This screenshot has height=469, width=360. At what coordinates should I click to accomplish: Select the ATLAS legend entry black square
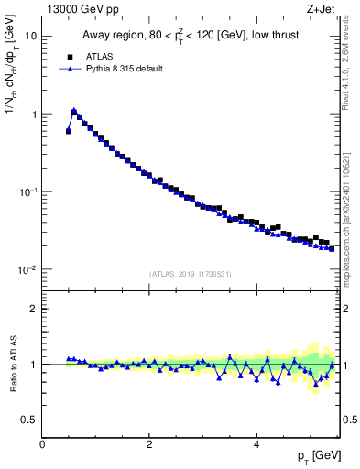[69, 56]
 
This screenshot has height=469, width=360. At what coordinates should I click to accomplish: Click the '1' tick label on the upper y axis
[35, 115]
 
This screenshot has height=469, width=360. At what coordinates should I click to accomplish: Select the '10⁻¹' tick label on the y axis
[29, 192]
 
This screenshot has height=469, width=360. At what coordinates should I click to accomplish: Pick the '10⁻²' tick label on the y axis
[29, 270]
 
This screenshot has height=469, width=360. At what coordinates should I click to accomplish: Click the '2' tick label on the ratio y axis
[35, 309]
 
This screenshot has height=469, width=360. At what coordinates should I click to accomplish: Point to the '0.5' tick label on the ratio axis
[30, 420]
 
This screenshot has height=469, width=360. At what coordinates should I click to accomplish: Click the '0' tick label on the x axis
[42, 443]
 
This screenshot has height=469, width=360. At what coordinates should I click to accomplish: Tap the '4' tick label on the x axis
[256, 443]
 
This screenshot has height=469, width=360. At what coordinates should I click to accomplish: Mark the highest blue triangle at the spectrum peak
[74, 111]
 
